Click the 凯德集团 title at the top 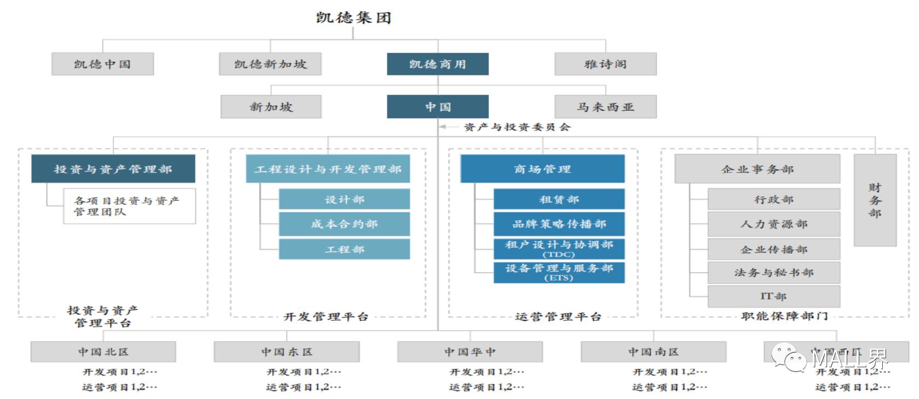point(353,18)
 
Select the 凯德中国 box point(102,64)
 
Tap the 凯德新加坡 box point(270,64)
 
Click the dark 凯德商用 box point(438,64)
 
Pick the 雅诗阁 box point(605,64)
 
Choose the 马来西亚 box point(605,107)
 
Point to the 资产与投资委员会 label point(517,127)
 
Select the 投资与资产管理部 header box point(113,169)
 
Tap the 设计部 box point(344,199)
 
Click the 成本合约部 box point(344,224)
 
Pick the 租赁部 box point(559,199)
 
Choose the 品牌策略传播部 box point(559,224)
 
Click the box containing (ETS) point(559,272)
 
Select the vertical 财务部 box point(875,200)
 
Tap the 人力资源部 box point(773,224)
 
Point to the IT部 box point(773,296)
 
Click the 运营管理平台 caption point(558,316)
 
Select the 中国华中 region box point(470,351)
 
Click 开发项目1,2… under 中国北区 point(119,372)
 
